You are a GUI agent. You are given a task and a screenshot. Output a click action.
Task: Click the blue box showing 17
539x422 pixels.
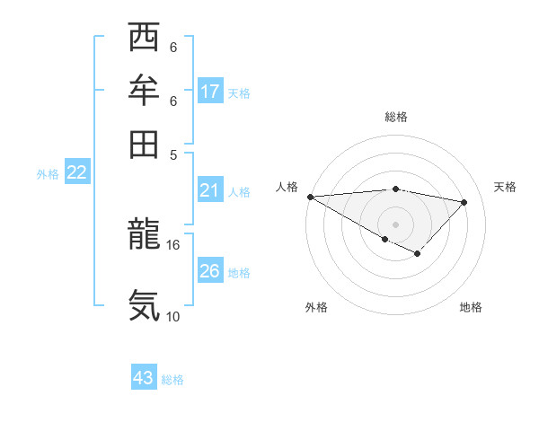(209, 92)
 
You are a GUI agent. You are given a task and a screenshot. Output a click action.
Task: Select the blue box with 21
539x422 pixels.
(209, 190)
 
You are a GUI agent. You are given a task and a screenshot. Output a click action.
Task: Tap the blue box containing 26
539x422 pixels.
(209, 272)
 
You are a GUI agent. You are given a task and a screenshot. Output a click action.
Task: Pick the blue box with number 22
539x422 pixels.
(76, 173)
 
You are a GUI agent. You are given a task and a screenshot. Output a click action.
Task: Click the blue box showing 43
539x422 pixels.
(144, 378)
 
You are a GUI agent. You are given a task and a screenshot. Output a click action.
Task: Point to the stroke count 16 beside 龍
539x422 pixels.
(173, 244)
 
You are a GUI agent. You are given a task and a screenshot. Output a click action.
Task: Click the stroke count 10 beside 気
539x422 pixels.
(173, 316)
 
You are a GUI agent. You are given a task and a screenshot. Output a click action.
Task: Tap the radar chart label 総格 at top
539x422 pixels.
(395, 117)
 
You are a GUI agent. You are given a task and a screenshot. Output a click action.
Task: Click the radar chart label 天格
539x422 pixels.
(505, 187)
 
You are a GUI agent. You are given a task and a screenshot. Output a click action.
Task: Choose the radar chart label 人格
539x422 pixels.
(287, 187)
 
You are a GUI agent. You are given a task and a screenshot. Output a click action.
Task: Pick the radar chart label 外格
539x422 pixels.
(316, 308)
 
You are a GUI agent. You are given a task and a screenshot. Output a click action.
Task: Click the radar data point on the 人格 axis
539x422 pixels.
(310, 197)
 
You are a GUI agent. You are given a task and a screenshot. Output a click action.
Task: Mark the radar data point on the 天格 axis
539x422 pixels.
(464, 202)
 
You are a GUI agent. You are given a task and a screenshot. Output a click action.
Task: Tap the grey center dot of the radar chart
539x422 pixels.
(395, 224)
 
